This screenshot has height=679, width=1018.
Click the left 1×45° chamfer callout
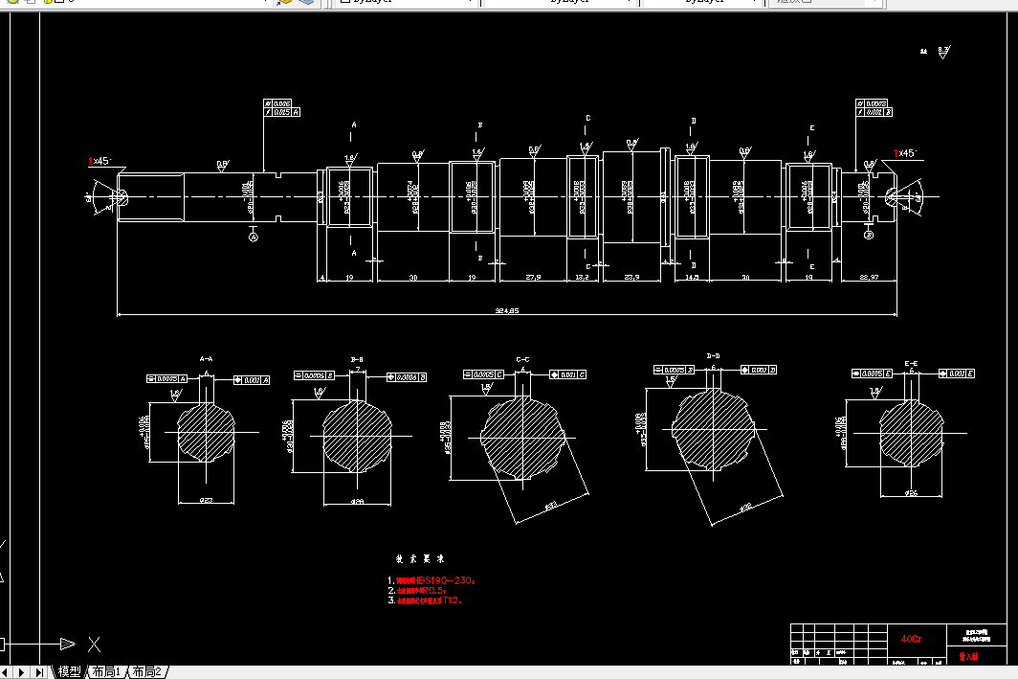click(x=100, y=161)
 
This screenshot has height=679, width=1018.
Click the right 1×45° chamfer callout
click(x=904, y=153)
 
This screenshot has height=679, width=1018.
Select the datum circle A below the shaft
click(x=254, y=236)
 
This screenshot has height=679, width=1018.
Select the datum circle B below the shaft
click(x=868, y=234)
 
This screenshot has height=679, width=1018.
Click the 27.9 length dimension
click(x=534, y=278)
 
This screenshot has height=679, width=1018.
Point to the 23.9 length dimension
click(x=631, y=278)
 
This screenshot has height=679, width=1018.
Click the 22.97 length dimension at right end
click(x=869, y=278)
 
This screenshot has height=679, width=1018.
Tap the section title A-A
click(x=206, y=358)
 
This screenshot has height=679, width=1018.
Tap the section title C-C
click(x=522, y=359)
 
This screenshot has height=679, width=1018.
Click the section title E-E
click(x=912, y=364)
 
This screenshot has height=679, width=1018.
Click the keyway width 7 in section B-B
click(x=358, y=369)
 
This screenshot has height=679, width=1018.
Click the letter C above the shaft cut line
click(x=587, y=118)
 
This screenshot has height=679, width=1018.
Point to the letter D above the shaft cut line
click(x=694, y=121)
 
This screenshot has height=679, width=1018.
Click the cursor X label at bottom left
click(x=94, y=644)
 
